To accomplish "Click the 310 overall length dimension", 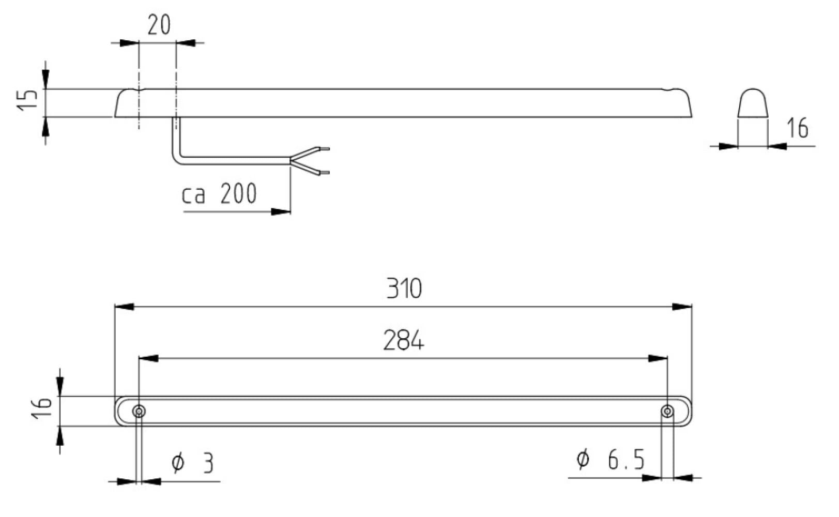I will tap(404, 288).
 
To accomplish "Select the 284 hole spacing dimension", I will tap(404, 341).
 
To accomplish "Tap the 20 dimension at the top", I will tap(159, 25).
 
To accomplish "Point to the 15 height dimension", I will tap(28, 99).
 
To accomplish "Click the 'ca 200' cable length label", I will tap(219, 194).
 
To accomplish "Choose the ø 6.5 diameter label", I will tap(611, 459).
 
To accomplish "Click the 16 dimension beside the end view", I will tap(797, 128).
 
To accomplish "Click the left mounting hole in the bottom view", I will tap(139, 412).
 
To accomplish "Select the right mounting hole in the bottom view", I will tap(668, 412).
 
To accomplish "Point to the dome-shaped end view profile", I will tap(753, 103).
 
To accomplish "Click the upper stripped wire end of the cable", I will tap(324, 149).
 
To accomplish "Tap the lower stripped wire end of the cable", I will tap(324, 172).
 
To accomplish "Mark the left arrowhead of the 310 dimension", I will tap(124, 307).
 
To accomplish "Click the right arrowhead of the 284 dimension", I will tap(658, 358).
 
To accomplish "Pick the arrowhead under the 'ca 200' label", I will tap(281, 211).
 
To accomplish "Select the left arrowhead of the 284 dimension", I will tap(148, 358).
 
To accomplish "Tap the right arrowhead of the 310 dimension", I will tap(682, 307).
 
